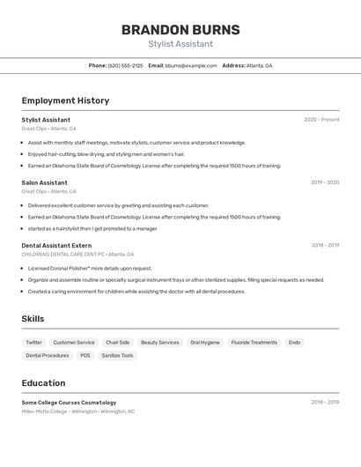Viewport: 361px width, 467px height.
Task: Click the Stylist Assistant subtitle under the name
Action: [180, 44]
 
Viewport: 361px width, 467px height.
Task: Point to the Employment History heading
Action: [65, 100]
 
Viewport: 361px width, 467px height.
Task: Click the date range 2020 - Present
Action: [321, 120]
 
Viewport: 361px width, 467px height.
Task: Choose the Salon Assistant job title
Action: [44, 182]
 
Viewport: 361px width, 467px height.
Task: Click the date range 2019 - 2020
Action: [324, 182]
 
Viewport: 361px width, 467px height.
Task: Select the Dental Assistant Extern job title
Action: [56, 245]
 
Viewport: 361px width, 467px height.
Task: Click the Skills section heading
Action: [33, 319]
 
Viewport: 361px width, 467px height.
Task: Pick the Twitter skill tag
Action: [33, 342]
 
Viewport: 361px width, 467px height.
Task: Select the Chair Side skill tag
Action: [118, 342]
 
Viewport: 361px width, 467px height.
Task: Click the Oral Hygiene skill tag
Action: [205, 342]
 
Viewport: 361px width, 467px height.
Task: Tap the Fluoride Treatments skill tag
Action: [254, 342]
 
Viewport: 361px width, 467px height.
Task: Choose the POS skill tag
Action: [85, 355]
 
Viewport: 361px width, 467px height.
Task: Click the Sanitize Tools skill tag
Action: [117, 355]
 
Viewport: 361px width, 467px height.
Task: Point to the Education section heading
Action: [43, 383]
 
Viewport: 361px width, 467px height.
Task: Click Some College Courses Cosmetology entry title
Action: [69, 402]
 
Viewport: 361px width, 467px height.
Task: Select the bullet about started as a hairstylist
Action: [92, 228]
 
